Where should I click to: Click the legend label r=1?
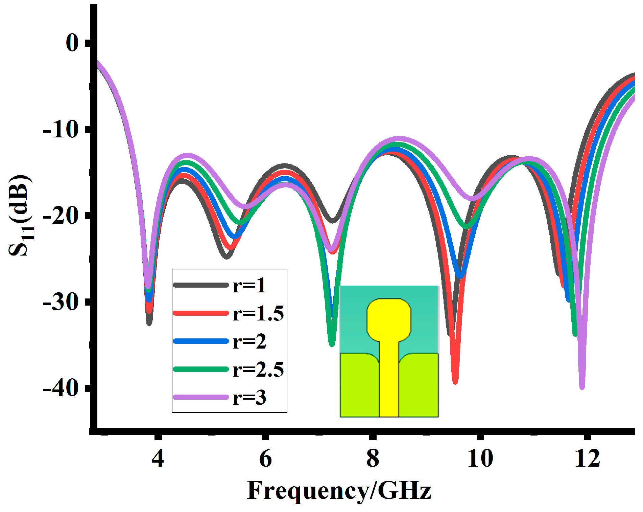pos(249,285)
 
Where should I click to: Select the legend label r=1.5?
pos(258,313)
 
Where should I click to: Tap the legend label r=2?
pos(249,341)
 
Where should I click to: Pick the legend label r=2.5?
pos(258,370)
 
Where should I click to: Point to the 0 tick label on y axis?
pos(72,43)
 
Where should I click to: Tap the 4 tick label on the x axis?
pos(158,458)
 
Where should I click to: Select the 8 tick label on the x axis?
pos(373,458)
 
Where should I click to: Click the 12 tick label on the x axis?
pos(588,458)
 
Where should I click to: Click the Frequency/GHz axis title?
pos(339,490)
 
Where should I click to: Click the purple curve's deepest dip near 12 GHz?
pos(582,387)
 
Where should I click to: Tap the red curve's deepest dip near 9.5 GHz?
pos(455,382)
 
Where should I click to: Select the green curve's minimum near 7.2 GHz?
pos(332,344)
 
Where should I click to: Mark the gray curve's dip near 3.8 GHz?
pos(149,323)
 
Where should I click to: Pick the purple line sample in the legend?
pos(201,397)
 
